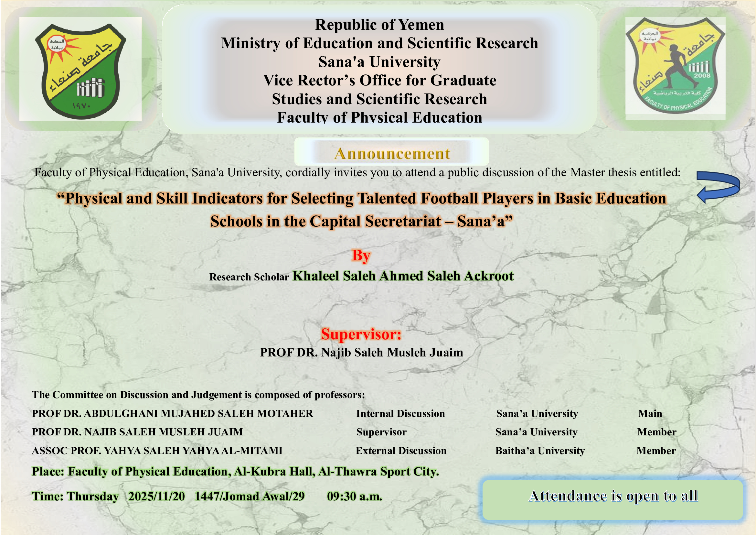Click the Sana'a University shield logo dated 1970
tap(80, 71)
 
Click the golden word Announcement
tap(392, 154)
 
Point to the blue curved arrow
tap(718, 187)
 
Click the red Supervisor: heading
tap(361, 334)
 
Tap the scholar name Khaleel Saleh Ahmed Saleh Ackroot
tap(403, 276)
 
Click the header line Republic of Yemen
tap(379, 25)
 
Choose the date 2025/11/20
tap(156, 497)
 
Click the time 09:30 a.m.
tap(354, 497)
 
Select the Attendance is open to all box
tap(612, 500)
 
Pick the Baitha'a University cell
tap(540, 451)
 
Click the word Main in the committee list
tap(650, 413)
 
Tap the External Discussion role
tap(401, 451)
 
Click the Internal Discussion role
tap(400, 413)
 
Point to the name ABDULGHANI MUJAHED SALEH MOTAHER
tap(198, 413)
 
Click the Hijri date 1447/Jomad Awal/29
tap(250, 497)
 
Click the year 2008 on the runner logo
tap(702, 75)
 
